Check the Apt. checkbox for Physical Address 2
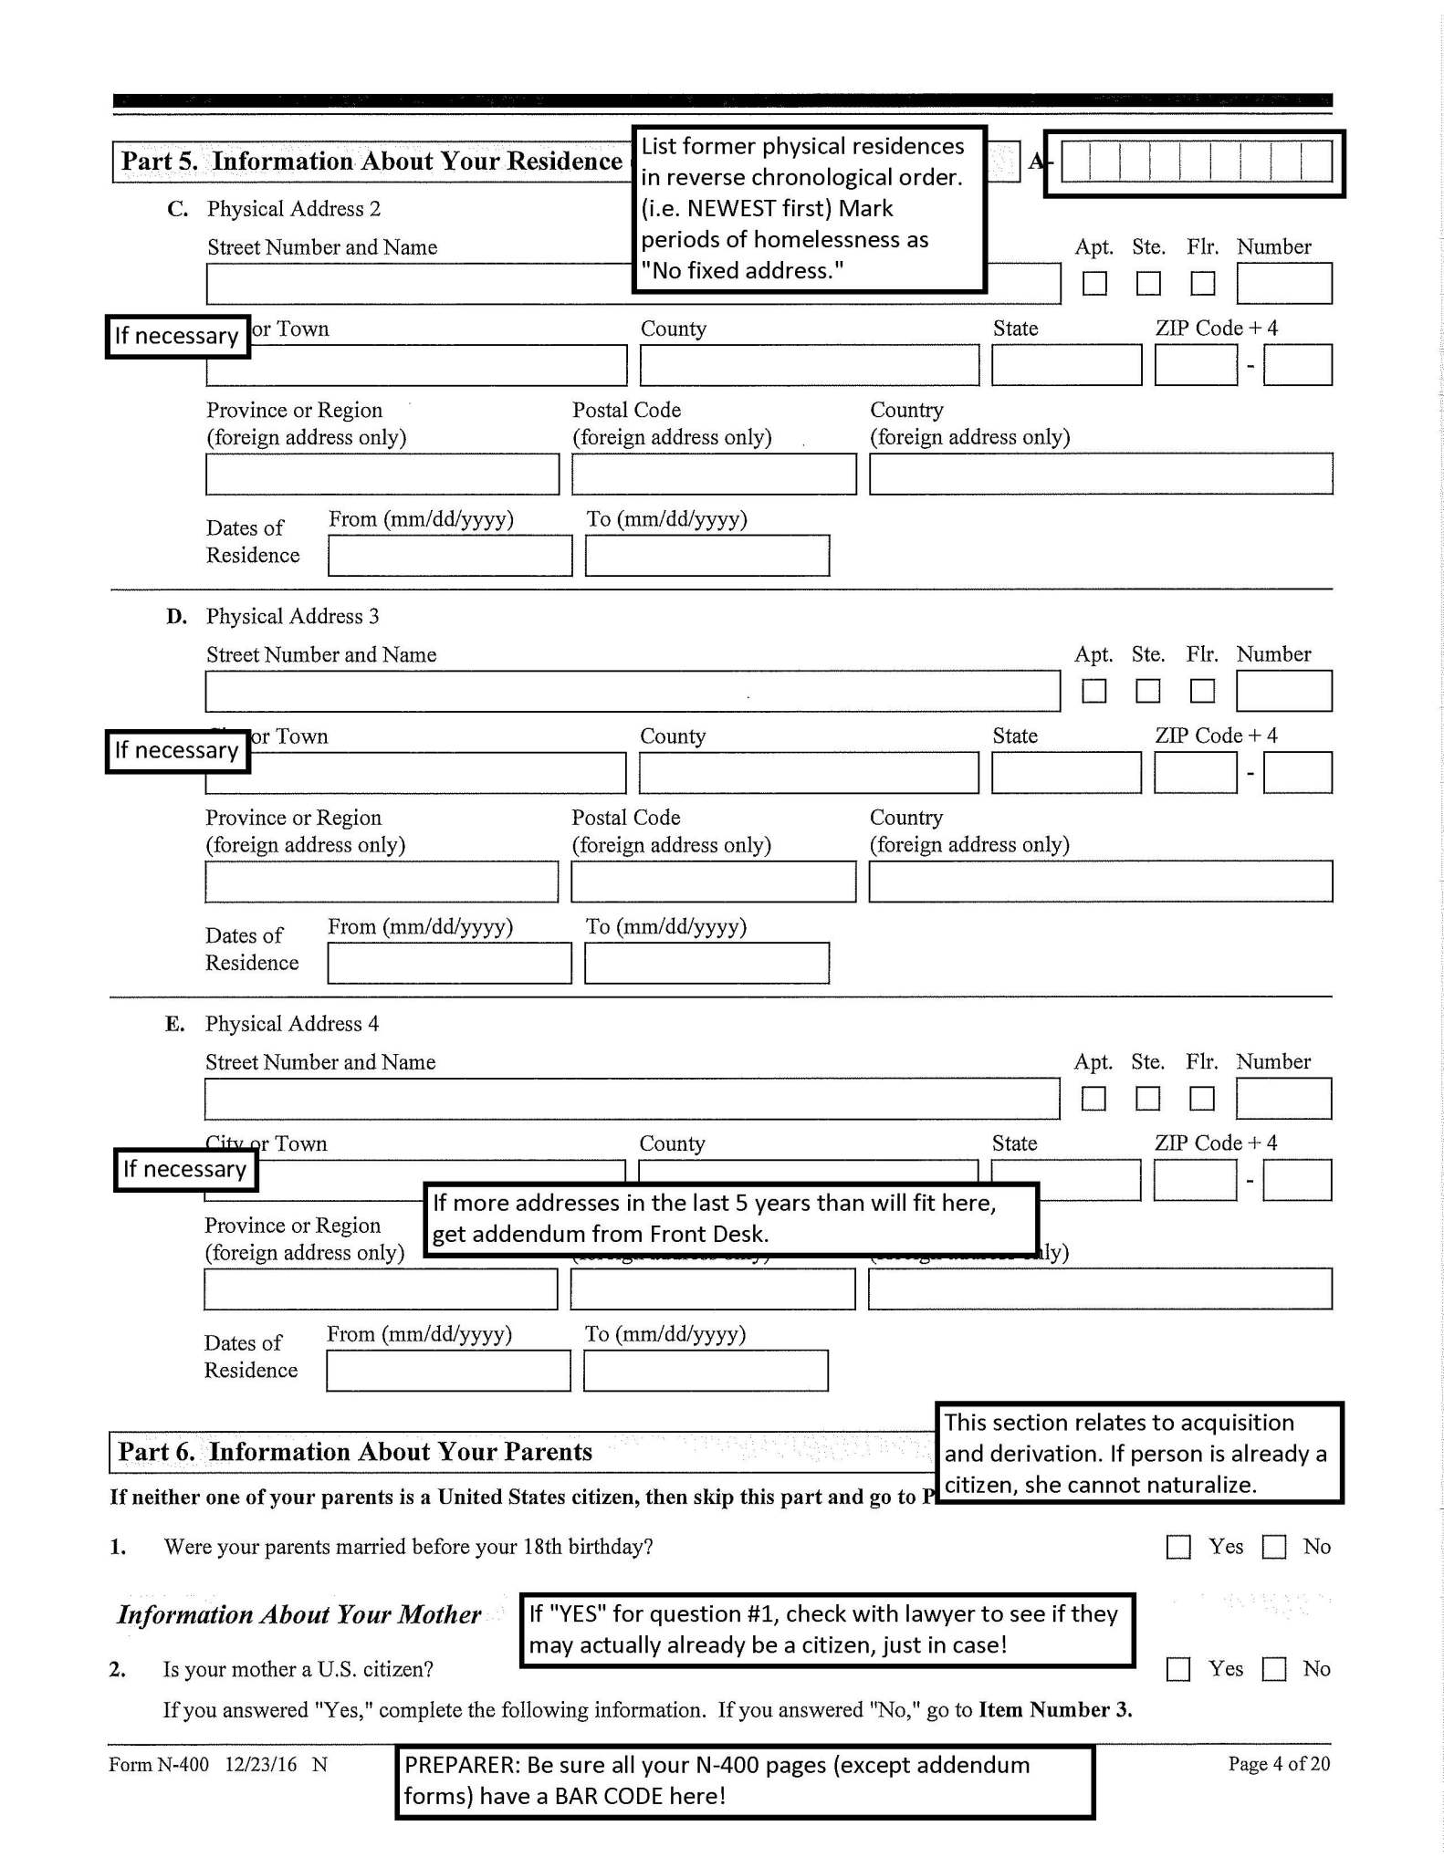coord(1093,284)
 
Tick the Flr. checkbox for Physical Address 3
coord(1202,692)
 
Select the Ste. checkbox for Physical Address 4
coord(1147,1099)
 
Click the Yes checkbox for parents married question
coord(1178,1547)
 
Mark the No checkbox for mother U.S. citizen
coord(1273,1669)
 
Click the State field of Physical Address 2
coord(1066,365)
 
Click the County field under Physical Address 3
coord(809,773)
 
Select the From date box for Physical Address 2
coord(450,556)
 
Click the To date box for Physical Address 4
coord(706,1371)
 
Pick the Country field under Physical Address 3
coord(1100,882)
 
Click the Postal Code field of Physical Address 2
coord(714,475)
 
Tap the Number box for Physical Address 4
coord(1283,1099)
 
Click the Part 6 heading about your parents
coord(356,1452)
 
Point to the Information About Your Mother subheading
coord(299,1614)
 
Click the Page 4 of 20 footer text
coord(1278,1764)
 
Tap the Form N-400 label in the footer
coord(159,1764)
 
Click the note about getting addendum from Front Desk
coord(730,1219)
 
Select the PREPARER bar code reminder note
coord(744,1780)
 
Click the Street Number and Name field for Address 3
coord(633,692)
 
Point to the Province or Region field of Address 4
coord(381,1289)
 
